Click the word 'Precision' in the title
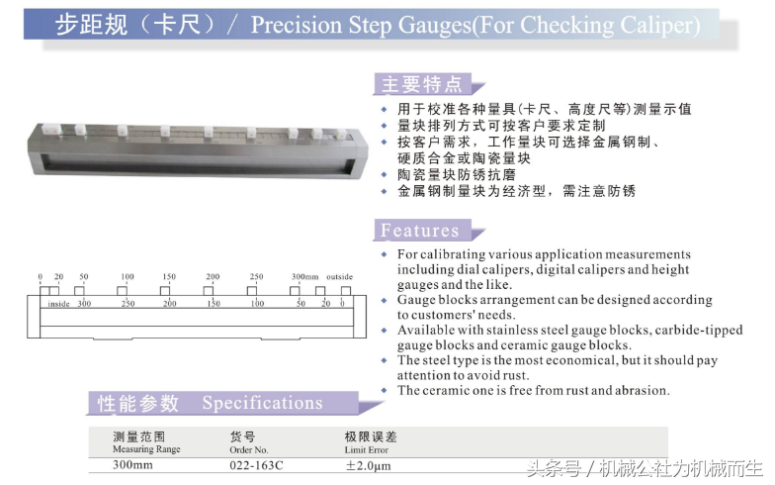point(297,25)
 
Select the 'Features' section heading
point(419,231)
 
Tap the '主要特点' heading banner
point(422,84)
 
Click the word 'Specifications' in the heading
point(263,404)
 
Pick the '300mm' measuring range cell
point(132,465)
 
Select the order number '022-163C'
point(257,465)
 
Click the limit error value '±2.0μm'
point(368,465)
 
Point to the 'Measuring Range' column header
point(146,449)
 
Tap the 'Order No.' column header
point(249,449)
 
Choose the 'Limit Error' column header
point(366,449)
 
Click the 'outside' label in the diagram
point(340,277)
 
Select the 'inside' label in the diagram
point(58,304)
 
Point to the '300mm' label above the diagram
point(304,277)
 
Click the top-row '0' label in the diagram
point(40,277)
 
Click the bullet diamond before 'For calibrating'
point(384,254)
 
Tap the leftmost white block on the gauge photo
point(52,130)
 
